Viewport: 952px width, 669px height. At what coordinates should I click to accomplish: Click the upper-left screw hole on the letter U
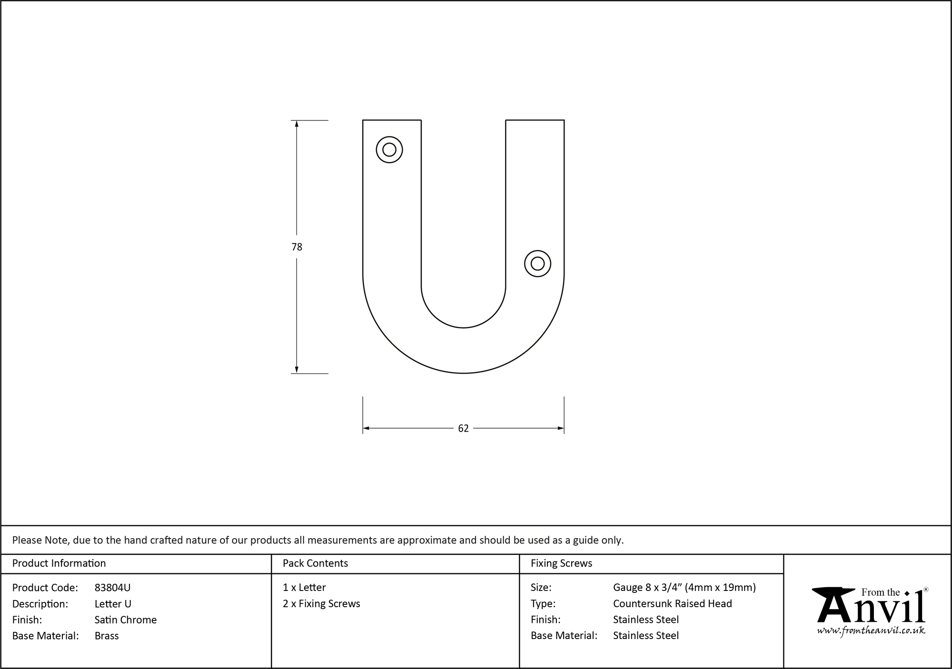[x=389, y=150]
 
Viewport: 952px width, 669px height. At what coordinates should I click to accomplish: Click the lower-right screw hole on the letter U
[x=537, y=263]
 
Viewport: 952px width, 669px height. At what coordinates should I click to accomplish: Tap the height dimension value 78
[x=297, y=247]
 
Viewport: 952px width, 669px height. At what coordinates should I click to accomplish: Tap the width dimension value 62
[x=463, y=428]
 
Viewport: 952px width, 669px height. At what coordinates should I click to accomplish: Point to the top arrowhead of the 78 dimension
[x=297, y=124]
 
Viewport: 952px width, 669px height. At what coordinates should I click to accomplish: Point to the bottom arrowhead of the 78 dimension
[x=297, y=370]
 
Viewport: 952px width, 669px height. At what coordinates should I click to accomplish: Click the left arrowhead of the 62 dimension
[x=366, y=428]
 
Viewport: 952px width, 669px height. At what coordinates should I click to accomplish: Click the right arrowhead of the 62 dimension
[x=561, y=428]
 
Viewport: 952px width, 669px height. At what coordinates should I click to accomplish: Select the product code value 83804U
[x=112, y=588]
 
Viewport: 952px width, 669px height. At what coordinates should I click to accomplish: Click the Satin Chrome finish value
[x=125, y=620]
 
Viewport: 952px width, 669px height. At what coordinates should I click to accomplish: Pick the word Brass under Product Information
[x=107, y=636]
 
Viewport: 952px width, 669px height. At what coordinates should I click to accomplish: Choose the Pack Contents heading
[x=315, y=563]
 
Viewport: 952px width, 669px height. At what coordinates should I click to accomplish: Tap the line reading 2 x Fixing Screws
[x=321, y=603]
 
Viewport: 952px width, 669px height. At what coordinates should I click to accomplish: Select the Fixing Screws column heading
[x=561, y=563]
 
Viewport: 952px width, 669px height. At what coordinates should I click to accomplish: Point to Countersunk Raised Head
[x=672, y=603]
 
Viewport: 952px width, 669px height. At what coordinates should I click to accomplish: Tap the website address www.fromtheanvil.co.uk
[x=871, y=630]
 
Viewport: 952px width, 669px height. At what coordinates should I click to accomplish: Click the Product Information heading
[x=59, y=563]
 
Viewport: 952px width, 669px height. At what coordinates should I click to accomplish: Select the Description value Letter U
[x=113, y=604]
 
